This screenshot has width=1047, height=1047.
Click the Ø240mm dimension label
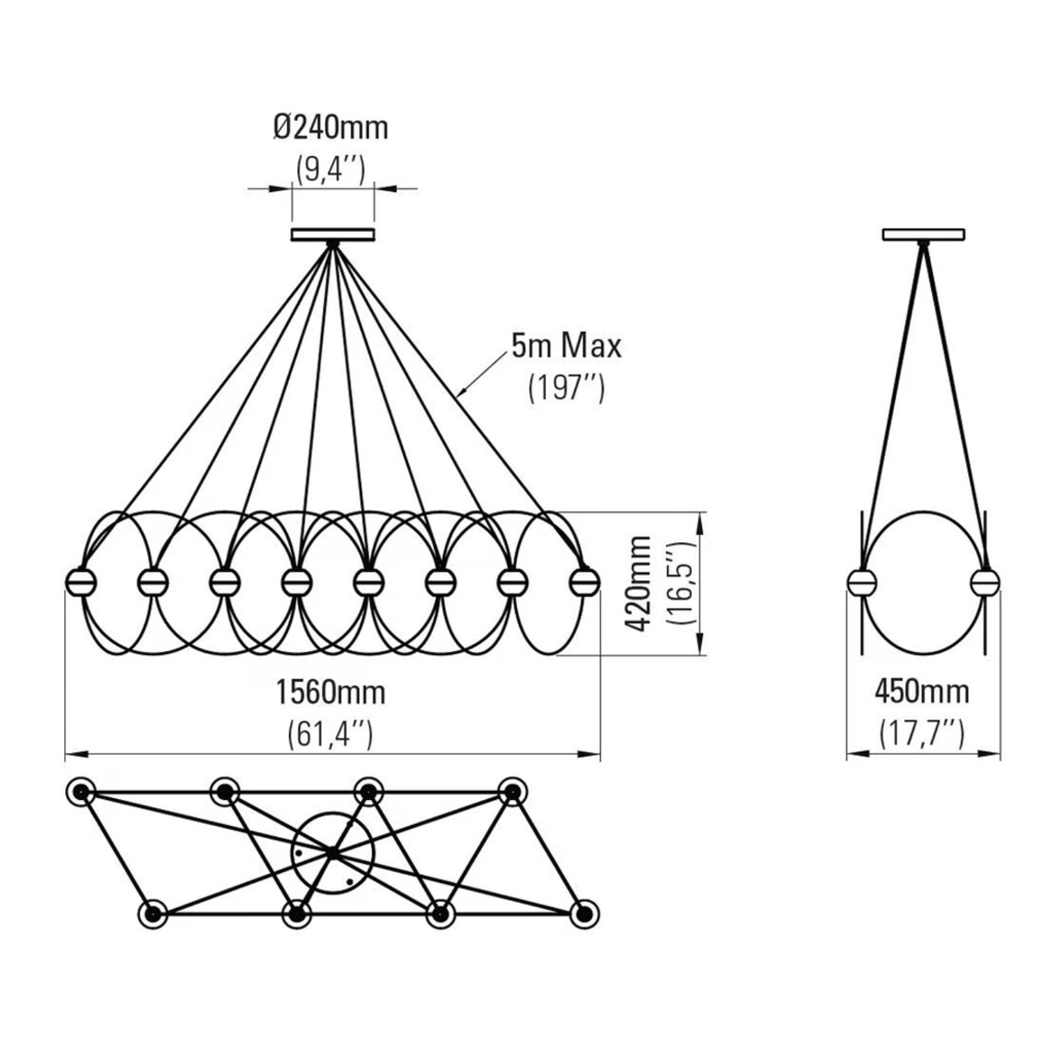click(331, 129)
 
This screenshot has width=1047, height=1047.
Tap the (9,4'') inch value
click(331, 170)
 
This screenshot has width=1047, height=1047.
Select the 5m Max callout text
click(566, 346)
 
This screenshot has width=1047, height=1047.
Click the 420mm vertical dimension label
click(638, 583)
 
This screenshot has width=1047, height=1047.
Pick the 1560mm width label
click(331, 692)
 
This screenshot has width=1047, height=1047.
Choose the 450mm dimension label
click(922, 691)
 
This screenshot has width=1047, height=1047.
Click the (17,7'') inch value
click(922, 733)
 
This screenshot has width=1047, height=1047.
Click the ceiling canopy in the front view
click(333, 234)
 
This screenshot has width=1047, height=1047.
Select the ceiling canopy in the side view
click(923, 234)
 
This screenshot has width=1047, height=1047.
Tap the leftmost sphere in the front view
click(80, 583)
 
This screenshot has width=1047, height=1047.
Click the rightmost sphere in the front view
click(584, 583)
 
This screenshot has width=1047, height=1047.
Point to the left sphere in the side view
click(861, 583)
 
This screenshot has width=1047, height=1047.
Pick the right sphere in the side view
click(986, 583)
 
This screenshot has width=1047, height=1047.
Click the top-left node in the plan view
click(81, 791)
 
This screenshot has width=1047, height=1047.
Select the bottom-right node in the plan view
click(584, 913)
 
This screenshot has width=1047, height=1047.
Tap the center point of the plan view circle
click(333, 852)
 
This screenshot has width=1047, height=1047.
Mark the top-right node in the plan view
click(512, 791)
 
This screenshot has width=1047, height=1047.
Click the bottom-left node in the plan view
click(152, 913)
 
